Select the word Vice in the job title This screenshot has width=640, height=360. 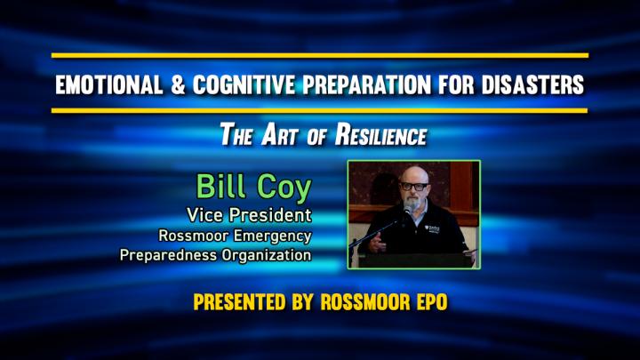[x=205, y=215]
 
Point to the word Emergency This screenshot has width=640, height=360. [x=272, y=236]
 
